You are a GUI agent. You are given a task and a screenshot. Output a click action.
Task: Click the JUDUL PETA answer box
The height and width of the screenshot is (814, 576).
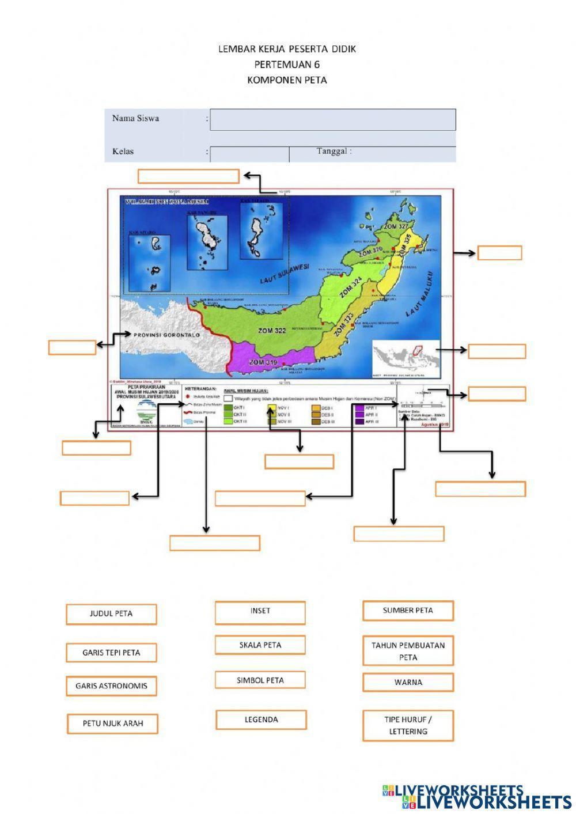pyautogui.click(x=111, y=614)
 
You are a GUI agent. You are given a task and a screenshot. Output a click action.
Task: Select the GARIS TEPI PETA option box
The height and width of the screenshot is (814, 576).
pyautogui.click(x=111, y=653)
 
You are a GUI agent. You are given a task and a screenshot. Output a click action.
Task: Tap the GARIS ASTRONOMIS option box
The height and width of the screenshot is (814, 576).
pyautogui.click(x=111, y=686)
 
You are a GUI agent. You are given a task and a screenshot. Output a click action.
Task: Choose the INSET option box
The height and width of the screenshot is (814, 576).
pyautogui.click(x=260, y=612)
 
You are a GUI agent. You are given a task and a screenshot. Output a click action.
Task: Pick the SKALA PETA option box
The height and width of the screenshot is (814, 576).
pyautogui.click(x=260, y=645)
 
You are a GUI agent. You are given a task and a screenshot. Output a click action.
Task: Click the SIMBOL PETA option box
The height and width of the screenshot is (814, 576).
pyautogui.click(x=260, y=680)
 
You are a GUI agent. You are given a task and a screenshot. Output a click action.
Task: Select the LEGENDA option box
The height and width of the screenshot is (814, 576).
pyautogui.click(x=261, y=720)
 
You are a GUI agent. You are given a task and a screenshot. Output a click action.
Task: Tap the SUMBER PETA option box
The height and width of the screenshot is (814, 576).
pyautogui.click(x=408, y=611)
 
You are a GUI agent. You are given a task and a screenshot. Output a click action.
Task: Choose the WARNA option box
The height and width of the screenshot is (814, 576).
pyautogui.click(x=408, y=683)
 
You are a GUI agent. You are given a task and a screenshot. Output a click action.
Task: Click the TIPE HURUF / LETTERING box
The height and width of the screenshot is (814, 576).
pyautogui.click(x=408, y=725)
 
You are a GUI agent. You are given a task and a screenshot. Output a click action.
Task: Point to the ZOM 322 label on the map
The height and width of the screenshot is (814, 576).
pyautogui.click(x=272, y=331)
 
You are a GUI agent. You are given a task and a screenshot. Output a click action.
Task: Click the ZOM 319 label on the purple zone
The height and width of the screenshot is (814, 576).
pyautogui.click(x=263, y=362)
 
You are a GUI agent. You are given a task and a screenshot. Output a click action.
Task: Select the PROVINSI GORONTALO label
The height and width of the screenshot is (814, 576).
pyautogui.click(x=166, y=335)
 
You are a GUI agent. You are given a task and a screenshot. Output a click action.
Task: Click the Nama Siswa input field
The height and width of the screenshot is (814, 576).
pyautogui.click(x=332, y=120)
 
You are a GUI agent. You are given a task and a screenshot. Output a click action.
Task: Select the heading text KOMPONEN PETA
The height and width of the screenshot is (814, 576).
pyautogui.click(x=287, y=80)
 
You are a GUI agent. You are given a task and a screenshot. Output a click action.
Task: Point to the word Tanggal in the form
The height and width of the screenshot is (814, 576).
pyautogui.click(x=334, y=151)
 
